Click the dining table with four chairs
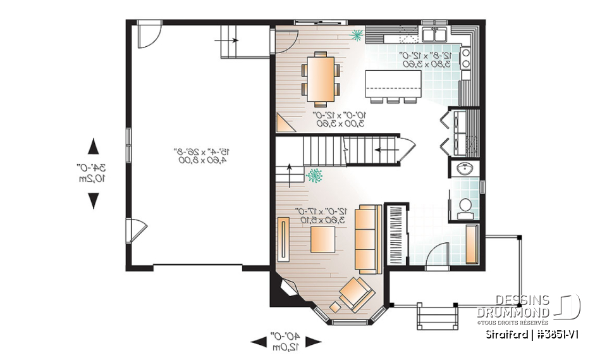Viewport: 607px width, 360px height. [x=321, y=78]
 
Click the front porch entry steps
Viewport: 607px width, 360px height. [x=436, y=314]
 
